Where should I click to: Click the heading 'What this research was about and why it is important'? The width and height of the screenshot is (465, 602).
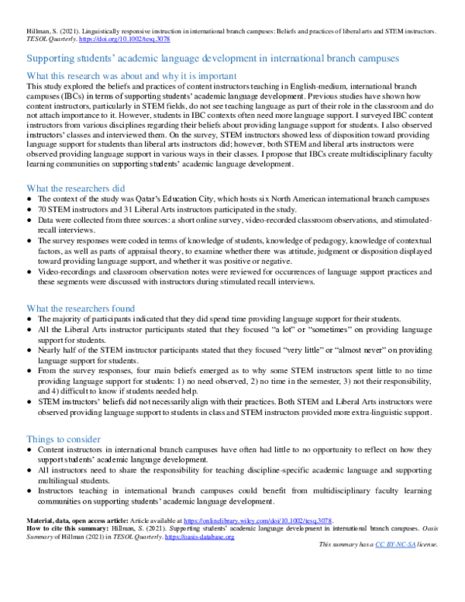pyautogui.click(x=132, y=75)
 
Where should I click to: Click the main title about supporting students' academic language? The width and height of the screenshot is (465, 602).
pyautogui.click(x=214, y=58)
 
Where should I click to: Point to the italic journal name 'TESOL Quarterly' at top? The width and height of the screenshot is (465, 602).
pyautogui.click(x=48, y=38)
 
